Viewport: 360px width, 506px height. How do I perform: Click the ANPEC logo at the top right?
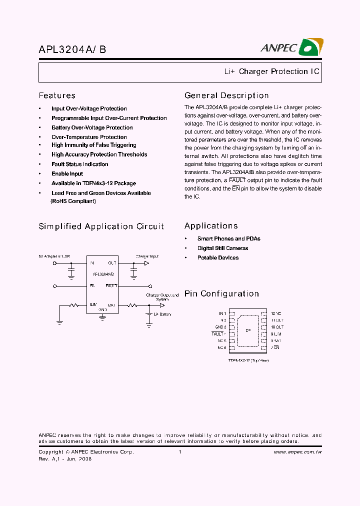pyautogui.click(x=291, y=48)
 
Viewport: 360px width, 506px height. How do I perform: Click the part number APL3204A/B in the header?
pyautogui.click(x=72, y=50)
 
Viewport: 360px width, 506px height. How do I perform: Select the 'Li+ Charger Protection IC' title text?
pyautogui.click(x=271, y=71)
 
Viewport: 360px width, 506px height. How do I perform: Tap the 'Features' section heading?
pyautogui.click(x=57, y=95)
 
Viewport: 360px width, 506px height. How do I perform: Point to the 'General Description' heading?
pyautogui.click(x=226, y=95)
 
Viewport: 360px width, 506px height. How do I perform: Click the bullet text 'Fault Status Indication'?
pyautogui.click(x=79, y=164)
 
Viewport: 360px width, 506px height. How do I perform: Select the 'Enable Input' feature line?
pyautogui.click(x=67, y=173)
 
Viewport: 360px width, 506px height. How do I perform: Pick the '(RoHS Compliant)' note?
pyautogui.click(x=73, y=201)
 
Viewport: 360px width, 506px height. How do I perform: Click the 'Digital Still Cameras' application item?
pyautogui.click(x=222, y=248)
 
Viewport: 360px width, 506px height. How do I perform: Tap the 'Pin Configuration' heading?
pyautogui.click(x=221, y=293)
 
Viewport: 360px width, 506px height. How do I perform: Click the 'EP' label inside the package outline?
pyautogui.click(x=247, y=330)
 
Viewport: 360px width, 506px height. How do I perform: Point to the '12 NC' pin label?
pyautogui.click(x=276, y=313)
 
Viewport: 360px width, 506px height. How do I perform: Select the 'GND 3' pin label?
pyautogui.click(x=221, y=327)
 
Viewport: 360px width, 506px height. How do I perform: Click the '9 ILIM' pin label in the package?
pyautogui.click(x=276, y=333)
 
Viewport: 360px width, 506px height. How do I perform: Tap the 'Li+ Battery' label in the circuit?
pyautogui.click(x=162, y=314)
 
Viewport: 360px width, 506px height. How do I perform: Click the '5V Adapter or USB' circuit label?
pyautogui.click(x=54, y=256)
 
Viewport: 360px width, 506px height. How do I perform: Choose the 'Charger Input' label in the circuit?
pyautogui.click(x=147, y=256)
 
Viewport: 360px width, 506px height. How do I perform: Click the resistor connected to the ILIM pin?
pyautogui.click(x=74, y=304)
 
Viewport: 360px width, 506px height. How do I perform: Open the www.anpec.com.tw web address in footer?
pyautogui.click(x=297, y=452)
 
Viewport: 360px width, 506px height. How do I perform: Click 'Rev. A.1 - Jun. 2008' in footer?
pyautogui.click(x=65, y=459)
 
